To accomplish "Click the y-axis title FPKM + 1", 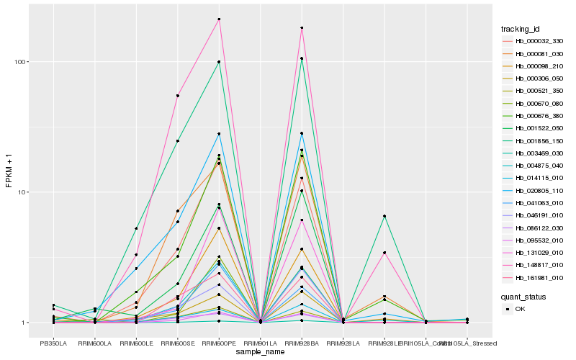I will click(9, 171).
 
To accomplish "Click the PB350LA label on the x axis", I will click(53, 343).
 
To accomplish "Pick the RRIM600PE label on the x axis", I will click(219, 343).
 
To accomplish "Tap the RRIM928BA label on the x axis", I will click(302, 343).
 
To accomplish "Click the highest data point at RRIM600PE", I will click(219, 19).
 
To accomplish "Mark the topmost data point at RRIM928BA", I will click(302, 28).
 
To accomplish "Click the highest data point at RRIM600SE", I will click(178, 96).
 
